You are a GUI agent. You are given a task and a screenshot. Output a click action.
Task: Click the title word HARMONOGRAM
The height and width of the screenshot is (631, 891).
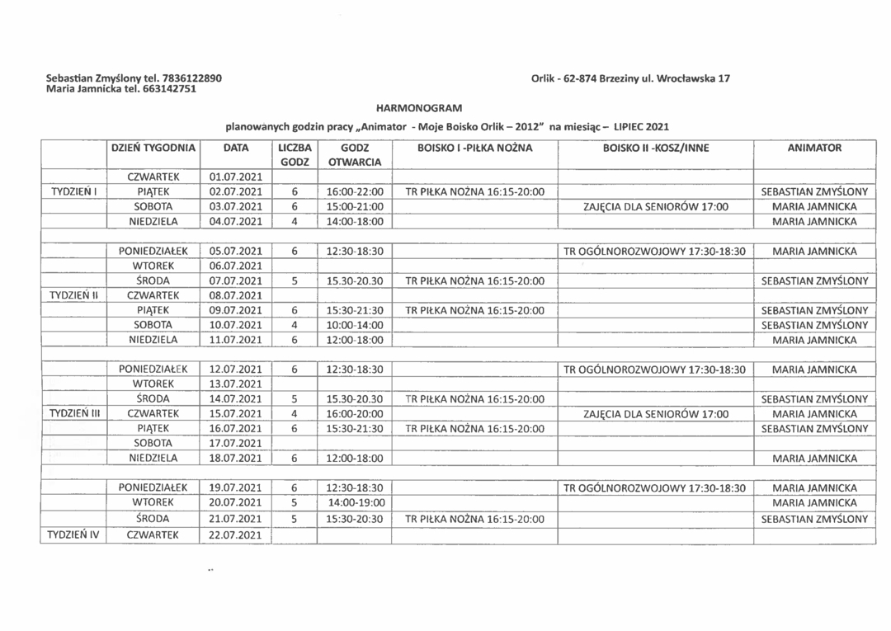pyautogui.click(x=419, y=108)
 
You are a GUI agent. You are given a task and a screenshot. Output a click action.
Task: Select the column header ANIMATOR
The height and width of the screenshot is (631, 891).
pyautogui.click(x=814, y=148)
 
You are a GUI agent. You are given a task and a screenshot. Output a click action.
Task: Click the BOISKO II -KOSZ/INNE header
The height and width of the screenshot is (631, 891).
pyautogui.click(x=656, y=148)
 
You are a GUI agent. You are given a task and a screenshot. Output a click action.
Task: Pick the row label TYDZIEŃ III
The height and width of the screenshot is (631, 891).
pyautogui.click(x=74, y=413)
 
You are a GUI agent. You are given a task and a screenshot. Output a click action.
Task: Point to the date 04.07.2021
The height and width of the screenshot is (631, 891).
pyautogui.click(x=236, y=221)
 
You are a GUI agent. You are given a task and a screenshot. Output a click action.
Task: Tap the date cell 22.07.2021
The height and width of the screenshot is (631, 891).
pyautogui.click(x=236, y=535)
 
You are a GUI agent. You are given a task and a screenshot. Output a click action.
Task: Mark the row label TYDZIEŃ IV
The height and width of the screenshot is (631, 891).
pyautogui.click(x=74, y=535)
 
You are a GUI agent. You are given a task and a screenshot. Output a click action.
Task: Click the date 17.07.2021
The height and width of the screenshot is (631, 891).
pyautogui.click(x=236, y=443)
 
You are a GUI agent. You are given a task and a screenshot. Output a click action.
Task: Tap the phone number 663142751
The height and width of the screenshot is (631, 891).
pyautogui.click(x=169, y=89)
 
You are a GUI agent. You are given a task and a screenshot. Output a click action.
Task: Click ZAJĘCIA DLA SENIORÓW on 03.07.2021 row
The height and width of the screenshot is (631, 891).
pyautogui.click(x=656, y=206)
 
